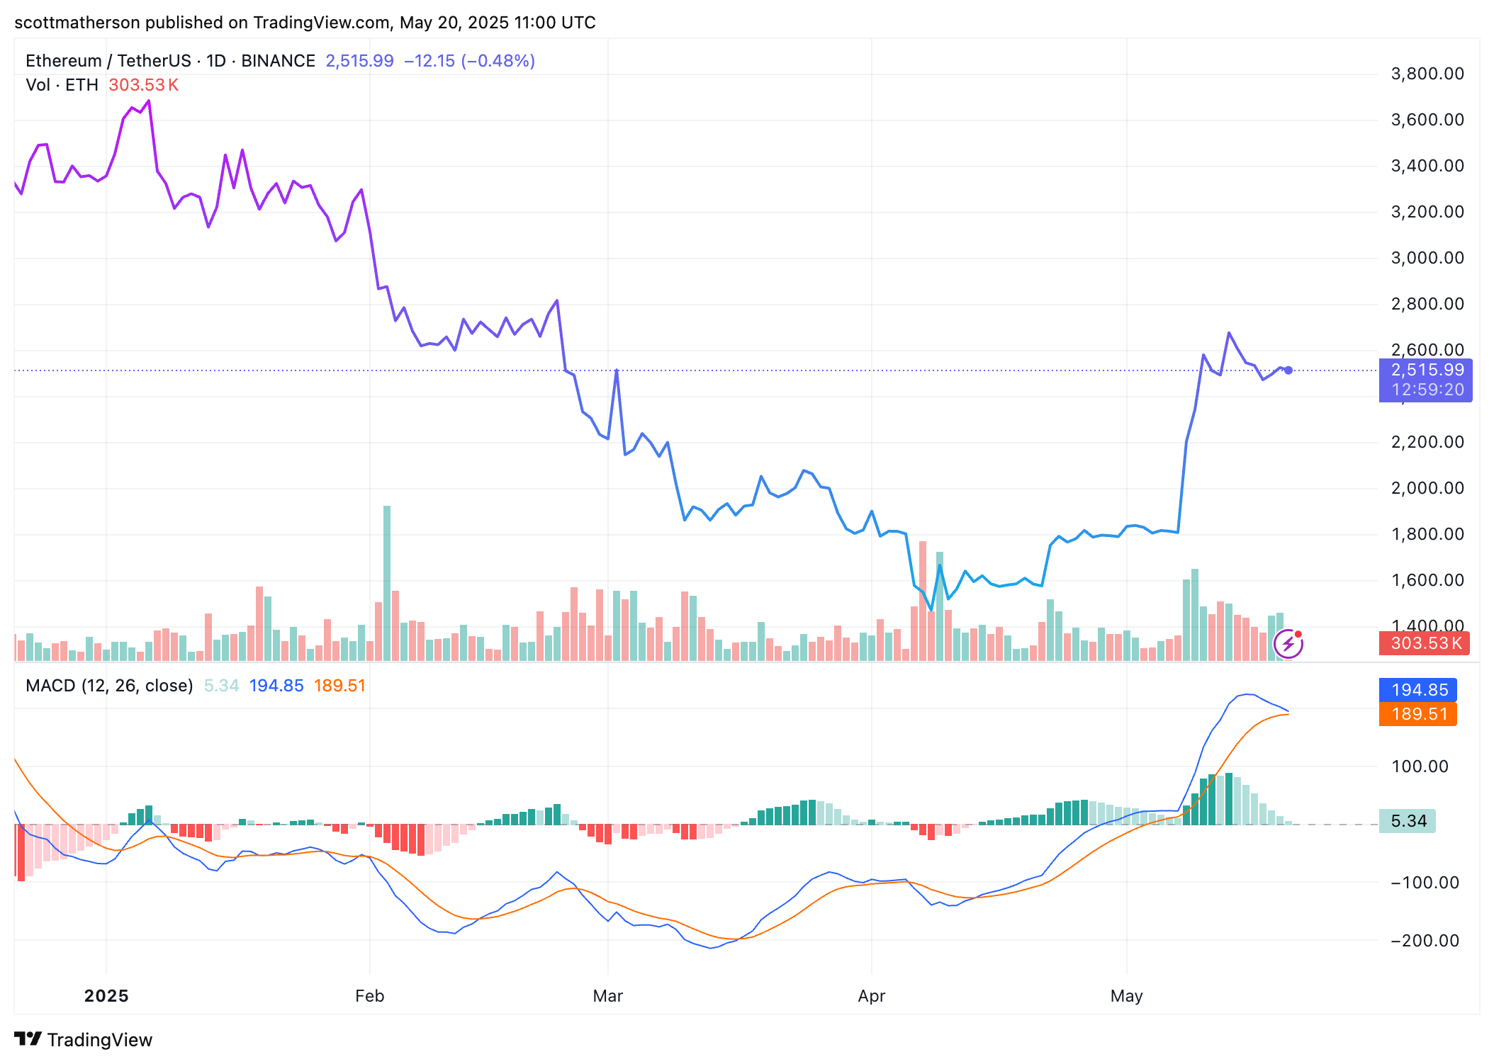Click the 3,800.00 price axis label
1427,74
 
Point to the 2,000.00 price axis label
1427,488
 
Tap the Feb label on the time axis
369,996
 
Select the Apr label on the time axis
871,996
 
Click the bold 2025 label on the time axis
106,996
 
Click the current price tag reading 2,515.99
1427,370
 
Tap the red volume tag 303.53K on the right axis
1425,643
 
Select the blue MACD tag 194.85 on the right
1419,690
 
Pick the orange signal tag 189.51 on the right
1419,714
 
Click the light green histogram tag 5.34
1408,821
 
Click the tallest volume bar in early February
387,581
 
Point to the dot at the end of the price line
1288,370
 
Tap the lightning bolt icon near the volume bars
1288,644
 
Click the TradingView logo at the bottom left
84,1039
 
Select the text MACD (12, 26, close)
109,686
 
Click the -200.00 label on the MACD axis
1425,941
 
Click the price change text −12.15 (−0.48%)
469,61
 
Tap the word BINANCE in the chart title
278,61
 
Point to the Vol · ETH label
62,85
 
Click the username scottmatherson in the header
77,23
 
